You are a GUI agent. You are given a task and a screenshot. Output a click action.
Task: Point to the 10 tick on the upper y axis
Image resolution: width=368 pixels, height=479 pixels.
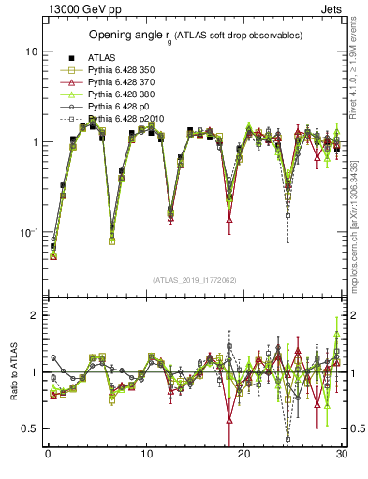pos(32,51)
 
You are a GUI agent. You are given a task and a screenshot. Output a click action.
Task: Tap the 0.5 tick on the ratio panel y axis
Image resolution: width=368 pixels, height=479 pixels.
pos(30,428)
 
